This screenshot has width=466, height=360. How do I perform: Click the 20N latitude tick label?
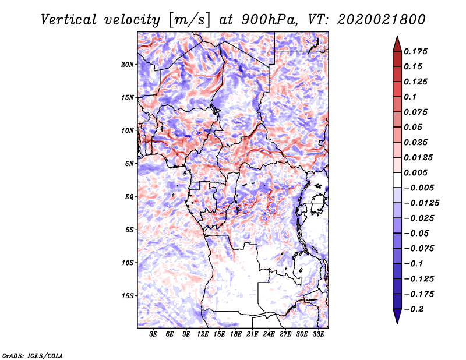click(x=128, y=65)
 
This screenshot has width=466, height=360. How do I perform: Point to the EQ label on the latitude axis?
click(x=129, y=197)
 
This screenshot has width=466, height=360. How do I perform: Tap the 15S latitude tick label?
click(x=128, y=296)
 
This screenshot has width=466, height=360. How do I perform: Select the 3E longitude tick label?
click(x=153, y=334)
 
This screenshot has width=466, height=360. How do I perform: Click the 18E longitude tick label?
click(x=236, y=334)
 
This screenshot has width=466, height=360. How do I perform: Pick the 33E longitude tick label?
click(x=318, y=334)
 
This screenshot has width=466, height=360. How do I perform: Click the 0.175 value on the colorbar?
click(x=415, y=51)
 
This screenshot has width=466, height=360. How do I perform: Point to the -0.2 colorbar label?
click(x=414, y=309)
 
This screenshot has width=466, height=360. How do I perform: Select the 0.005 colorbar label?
click(x=415, y=172)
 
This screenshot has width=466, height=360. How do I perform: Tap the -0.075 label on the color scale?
click(x=419, y=249)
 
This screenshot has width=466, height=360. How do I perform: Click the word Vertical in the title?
click(x=69, y=20)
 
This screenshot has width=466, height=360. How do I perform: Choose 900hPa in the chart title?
click(x=269, y=20)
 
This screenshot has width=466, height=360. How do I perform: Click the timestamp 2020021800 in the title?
click(x=382, y=20)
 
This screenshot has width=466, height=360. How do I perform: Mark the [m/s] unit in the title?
click(x=189, y=20)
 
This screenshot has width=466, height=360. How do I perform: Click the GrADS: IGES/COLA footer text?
click(x=33, y=355)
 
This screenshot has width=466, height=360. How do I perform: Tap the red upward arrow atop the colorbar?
click(x=397, y=44)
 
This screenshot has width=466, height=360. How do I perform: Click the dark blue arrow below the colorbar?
click(x=397, y=316)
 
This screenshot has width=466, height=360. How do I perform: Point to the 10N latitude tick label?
click(x=128, y=130)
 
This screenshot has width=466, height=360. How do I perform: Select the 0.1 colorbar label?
click(x=410, y=97)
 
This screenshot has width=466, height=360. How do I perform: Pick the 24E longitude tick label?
click(x=269, y=334)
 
